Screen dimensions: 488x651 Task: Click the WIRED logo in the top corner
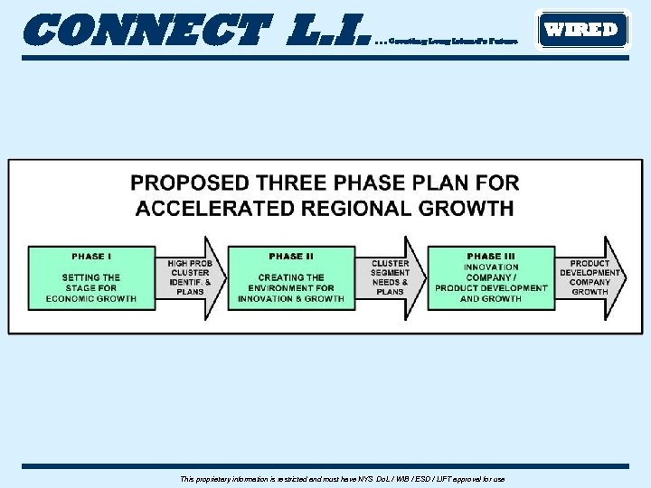(581, 30)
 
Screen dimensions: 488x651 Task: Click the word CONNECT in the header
(146, 31)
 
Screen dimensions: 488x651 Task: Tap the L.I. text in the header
(327, 31)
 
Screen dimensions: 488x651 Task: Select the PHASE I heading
(91, 257)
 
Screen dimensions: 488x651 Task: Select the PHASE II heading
(291, 257)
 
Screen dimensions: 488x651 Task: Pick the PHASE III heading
(491, 257)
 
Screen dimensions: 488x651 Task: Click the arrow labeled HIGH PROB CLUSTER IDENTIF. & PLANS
(191, 277)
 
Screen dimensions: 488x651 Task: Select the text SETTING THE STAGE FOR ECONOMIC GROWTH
(91, 288)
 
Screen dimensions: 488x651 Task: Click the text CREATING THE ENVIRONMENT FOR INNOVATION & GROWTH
(291, 288)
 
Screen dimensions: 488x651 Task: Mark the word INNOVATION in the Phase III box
(491, 267)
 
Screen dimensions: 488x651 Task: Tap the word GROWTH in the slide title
(467, 209)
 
